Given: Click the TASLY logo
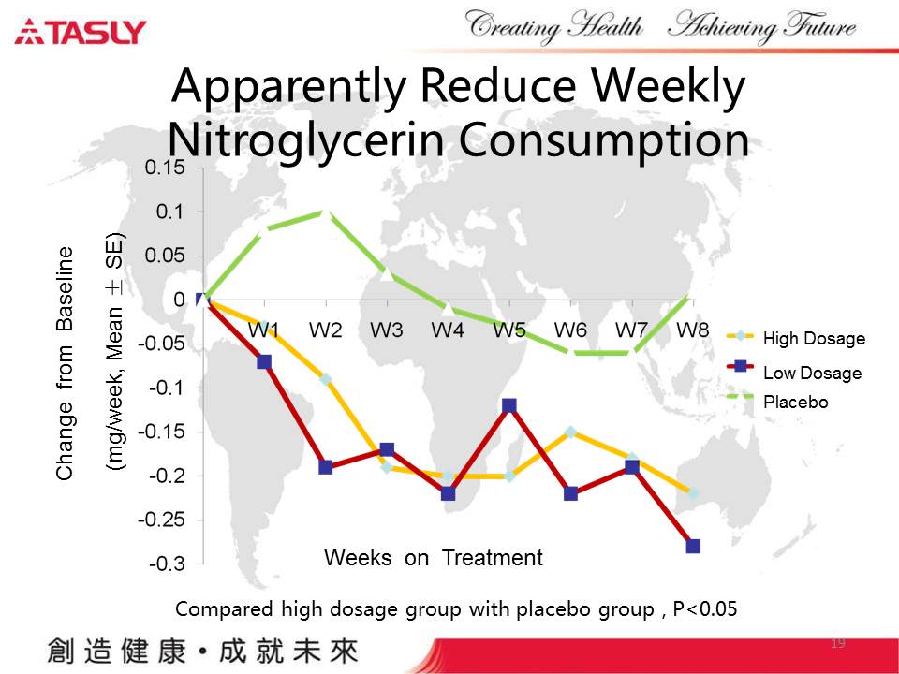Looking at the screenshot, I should (x=81, y=32).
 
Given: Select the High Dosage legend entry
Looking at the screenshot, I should (x=813, y=338).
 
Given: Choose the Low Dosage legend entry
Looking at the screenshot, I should (x=811, y=373).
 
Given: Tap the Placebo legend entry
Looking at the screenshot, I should (x=795, y=403).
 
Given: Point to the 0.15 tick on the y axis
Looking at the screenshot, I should (x=165, y=168).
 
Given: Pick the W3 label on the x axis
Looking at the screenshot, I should (x=387, y=330).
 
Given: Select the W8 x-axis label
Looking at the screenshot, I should (x=692, y=330).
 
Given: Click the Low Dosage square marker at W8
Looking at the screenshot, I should (x=693, y=546).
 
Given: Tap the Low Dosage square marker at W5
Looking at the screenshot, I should (x=509, y=405).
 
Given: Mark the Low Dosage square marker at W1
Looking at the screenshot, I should (x=264, y=361).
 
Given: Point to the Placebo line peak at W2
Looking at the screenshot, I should (x=326, y=212).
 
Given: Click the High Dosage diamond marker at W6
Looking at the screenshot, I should (x=570, y=432).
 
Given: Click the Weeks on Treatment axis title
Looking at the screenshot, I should (x=433, y=559).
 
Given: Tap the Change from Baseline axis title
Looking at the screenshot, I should (x=65, y=364).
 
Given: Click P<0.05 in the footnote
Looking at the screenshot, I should (x=706, y=609).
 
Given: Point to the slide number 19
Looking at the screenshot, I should (x=838, y=643).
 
